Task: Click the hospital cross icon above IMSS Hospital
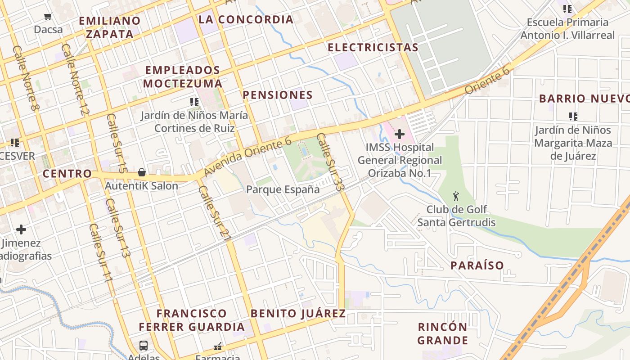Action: (x=400, y=134)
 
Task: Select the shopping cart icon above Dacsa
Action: (x=48, y=17)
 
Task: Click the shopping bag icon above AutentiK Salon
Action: (x=141, y=172)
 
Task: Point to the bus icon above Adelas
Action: (x=144, y=346)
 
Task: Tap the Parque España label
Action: (x=283, y=189)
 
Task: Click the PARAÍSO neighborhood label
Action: (x=477, y=265)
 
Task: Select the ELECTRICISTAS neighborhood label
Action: (x=373, y=47)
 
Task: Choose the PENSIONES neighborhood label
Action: (x=278, y=95)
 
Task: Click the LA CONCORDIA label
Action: (x=246, y=19)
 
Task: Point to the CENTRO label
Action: (x=67, y=174)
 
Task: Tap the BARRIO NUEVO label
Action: (x=584, y=99)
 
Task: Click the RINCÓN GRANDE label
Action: (x=443, y=333)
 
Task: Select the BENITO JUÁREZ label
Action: (x=298, y=314)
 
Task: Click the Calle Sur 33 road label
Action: (x=330, y=161)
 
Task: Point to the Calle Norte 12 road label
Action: (x=76, y=79)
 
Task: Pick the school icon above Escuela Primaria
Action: (x=567, y=9)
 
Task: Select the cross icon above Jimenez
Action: (x=21, y=230)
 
